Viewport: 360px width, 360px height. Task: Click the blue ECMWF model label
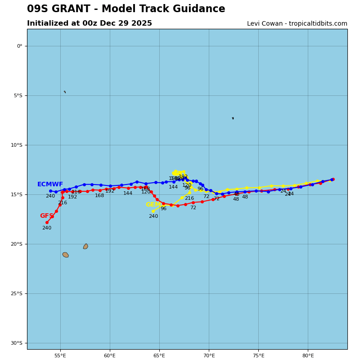click(x=50, y=184)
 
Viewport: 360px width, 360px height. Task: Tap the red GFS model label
click(x=46, y=216)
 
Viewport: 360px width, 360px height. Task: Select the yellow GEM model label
click(x=153, y=205)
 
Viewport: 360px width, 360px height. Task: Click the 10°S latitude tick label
click(x=16, y=145)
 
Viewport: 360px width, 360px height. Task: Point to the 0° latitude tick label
click(x=19, y=46)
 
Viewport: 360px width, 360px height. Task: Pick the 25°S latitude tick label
click(x=16, y=293)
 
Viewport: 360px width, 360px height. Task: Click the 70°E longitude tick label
click(x=209, y=355)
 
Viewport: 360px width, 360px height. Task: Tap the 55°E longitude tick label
click(x=60, y=355)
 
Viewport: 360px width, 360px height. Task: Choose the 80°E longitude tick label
click(x=308, y=355)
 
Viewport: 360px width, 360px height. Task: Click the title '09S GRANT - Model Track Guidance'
click(x=126, y=9)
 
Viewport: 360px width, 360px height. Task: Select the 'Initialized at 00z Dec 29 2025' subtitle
click(x=90, y=23)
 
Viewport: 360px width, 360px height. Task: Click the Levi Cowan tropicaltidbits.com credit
click(x=297, y=24)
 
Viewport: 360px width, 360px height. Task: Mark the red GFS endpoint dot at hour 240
click(x=47, y=222)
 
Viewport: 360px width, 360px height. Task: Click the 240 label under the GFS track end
click(x=47, y=228)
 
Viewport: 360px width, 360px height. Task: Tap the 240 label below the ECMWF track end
click(x=50, y=196)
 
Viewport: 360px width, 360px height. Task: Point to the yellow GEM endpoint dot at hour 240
click(x=153, y=211)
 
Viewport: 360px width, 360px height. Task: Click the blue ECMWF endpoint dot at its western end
click(x=50, y=191)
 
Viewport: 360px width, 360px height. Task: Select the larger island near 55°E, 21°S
click(x=66, y=255)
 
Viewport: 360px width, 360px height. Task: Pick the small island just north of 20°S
click(x=85, y=246)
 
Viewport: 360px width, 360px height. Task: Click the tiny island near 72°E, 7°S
click(x=233, y=118)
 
